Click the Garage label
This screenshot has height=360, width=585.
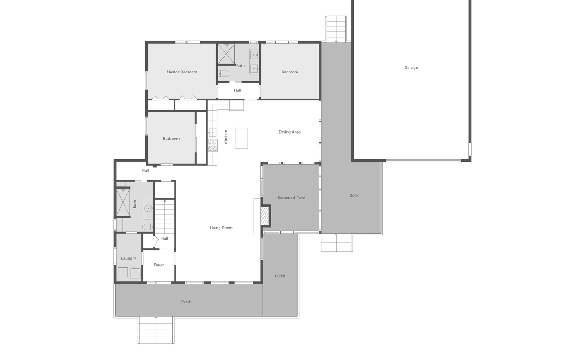[x=411, y=68]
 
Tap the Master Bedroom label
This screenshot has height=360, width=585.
[x=182, y=72]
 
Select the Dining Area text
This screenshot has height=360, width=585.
[x=289, y=132]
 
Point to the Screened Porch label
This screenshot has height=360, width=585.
[x=292, y=198]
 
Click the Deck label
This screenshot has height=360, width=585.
[x=354, y=196]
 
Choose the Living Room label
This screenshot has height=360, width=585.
[x=221, y=228]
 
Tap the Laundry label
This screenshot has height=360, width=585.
[x=128, y=259]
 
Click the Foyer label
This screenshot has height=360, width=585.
[x=158, y=265]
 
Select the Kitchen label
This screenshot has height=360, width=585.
[x=226, y=137]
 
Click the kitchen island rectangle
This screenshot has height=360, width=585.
[x=242, y=138]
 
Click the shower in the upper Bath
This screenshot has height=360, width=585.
[x=226, y=54]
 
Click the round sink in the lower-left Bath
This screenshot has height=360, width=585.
[x=148, y=208]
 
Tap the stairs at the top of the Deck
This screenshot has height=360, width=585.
[x=336, y=29]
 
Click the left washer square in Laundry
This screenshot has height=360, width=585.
[x=123, y=273]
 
